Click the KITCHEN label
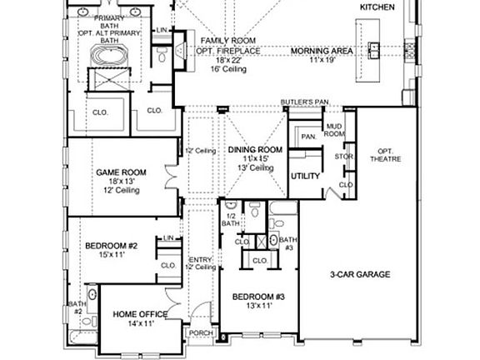(376, 7)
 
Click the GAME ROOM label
(122, 172)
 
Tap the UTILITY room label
(305, 177)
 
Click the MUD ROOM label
(333, 130)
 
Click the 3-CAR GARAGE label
(360, 275)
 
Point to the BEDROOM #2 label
(111, 246)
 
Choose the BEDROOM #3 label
(258, 297)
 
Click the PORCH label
(201, 333)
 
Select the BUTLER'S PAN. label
(306, 102)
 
